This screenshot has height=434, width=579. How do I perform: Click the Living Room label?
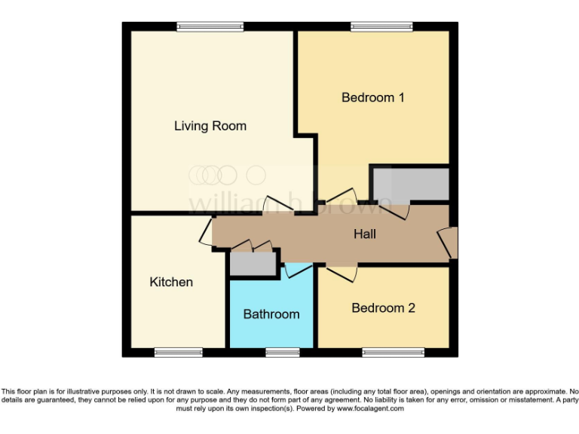(x=210, y=126)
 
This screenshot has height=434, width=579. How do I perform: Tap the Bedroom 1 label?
(x=373, y=97)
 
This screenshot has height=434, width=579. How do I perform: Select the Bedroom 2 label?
(x=383, y=307)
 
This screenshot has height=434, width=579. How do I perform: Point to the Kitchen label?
(x=171, y=282)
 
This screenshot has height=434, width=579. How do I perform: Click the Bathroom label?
(x=271, y=313)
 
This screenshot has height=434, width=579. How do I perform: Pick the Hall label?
(x=365, y=234)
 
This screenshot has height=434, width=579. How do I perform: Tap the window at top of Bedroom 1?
(x=381, y=27)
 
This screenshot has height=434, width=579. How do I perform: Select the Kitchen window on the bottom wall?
(x=179, y=352)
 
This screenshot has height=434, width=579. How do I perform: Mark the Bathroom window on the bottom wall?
(x=283, y=352)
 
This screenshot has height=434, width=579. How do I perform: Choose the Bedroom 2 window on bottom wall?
(x=393, y=352)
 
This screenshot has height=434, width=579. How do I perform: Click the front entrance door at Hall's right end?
(x=449, y=242)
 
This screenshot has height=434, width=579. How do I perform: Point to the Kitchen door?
(x=206, y=232)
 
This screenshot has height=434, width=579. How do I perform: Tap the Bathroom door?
(x=295, y=269)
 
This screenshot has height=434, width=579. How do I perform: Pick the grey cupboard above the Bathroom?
(x=251, y=263)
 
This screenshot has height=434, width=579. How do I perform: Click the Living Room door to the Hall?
(x=282, y=203)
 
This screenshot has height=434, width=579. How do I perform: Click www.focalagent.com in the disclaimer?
(x=370, y=408)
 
